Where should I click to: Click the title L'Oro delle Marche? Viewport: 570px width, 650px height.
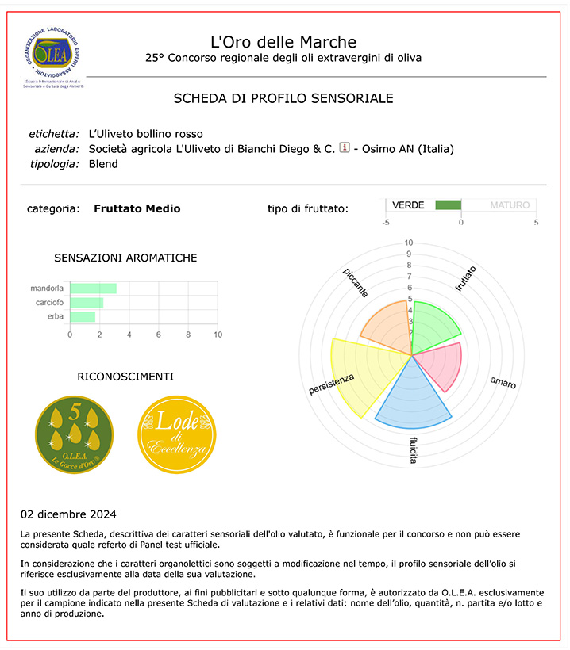[283, 41]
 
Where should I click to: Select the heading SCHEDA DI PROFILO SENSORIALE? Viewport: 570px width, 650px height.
[283, 98]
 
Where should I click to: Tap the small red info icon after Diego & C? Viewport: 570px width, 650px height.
[345, 147]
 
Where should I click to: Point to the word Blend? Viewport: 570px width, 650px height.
[103, 164]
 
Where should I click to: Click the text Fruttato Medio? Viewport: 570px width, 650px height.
[137, 208]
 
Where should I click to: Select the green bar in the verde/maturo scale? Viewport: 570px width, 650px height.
[449, 205]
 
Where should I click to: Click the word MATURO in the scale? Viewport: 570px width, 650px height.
[509, 205]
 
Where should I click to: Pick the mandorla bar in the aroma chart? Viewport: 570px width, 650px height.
[94, 289]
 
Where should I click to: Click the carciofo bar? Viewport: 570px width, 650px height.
[87, 303]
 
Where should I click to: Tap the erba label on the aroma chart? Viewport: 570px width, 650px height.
[56, 317]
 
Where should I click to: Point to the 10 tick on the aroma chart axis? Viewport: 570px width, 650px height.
[218, 335]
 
